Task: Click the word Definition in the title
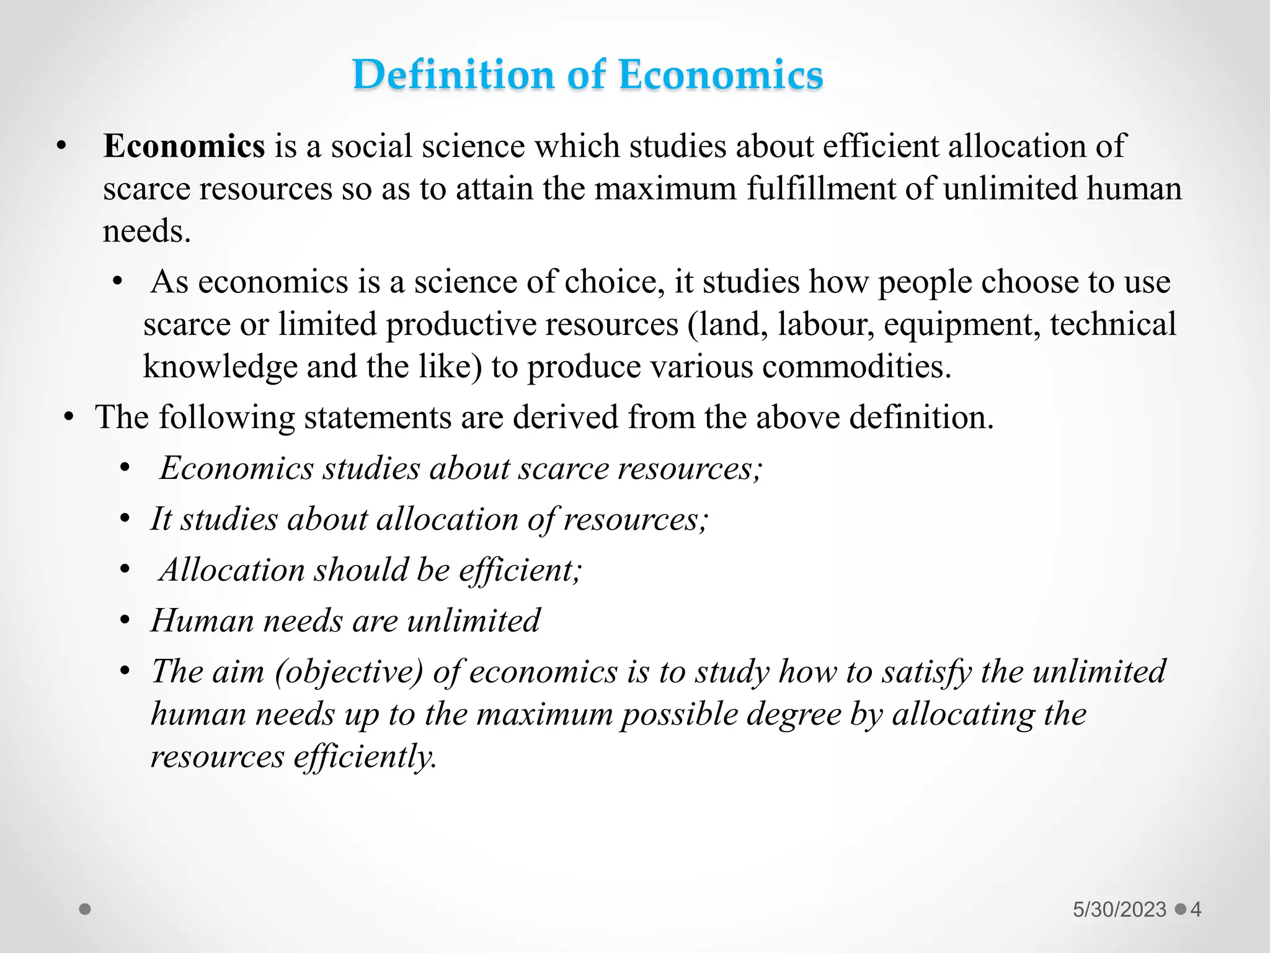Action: [453, 75]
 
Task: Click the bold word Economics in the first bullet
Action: [184, 146]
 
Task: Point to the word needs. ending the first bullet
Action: [146, 232]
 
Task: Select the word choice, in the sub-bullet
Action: [615, 282]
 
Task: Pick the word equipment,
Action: [962, 324]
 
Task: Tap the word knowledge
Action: [220, 367]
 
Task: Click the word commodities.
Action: [856, 367]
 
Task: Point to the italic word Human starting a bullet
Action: [202, 621]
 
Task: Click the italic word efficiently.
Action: [365, 757]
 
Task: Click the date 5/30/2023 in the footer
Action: [1119, 910]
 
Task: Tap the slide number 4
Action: [1196, 910]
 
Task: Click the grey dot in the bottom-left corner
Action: [86, 910]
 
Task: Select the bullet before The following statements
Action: [69, 417]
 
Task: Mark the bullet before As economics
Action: [118, 282]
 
